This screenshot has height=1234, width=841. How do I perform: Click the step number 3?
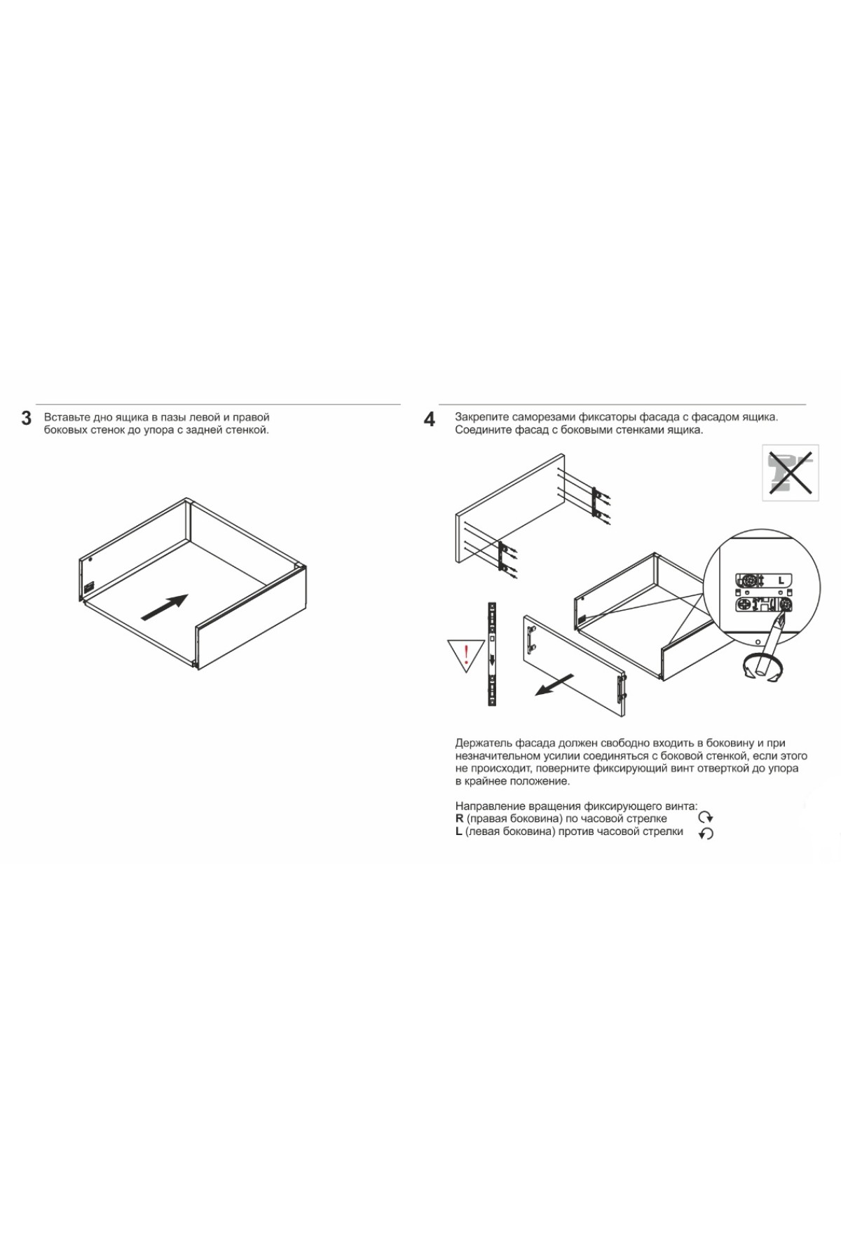[x=27, y=419]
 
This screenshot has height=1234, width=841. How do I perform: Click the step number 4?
[x=430, y=419]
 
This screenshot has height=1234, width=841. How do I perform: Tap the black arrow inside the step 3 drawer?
[x=165, y=607]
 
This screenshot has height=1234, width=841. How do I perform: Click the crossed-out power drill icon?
[x=791, y=473]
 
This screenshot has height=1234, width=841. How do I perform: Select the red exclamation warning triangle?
[x=466, y=655]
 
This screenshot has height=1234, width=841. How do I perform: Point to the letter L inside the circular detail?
[x=781, y=581]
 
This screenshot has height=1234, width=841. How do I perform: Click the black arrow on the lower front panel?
[x=554, y=684]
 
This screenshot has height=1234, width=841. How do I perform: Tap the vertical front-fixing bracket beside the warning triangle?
[x=492, y=653]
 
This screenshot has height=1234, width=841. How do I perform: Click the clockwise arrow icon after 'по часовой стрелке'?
[x=706, y=818]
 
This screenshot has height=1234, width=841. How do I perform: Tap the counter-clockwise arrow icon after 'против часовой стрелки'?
[x=706, y=833]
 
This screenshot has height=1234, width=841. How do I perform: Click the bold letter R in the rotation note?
[x=459, y=818]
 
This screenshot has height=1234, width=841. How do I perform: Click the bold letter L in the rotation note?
[x=458, y=832]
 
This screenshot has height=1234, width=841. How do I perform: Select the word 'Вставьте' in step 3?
[x=67, y=417]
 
